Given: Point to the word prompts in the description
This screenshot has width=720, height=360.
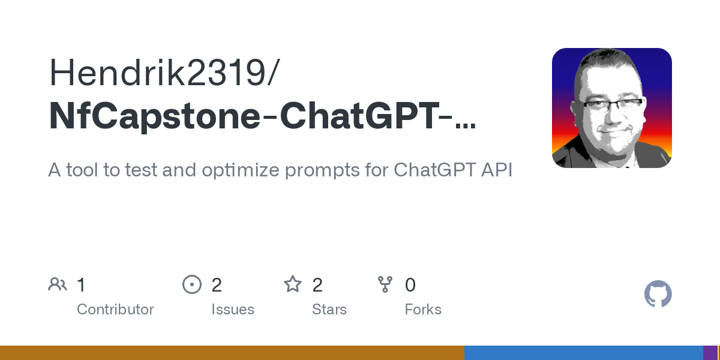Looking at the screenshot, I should pos(314,170).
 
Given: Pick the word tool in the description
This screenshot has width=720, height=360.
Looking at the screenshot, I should pos(85,170).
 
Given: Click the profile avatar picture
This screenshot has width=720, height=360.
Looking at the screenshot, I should pos(611,108).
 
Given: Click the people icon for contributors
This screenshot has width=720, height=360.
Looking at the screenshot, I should pos(58,284).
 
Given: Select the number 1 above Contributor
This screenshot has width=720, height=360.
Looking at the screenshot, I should pos(82,285).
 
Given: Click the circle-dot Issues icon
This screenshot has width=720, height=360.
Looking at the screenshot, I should pos(192,284).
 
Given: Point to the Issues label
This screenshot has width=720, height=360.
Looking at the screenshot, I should pos(233,310).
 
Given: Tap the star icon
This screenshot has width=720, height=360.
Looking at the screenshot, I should pos(293,284).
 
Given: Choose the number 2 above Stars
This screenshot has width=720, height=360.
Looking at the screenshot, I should pos(317,285).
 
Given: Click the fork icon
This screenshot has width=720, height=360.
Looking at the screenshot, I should pos(385,284).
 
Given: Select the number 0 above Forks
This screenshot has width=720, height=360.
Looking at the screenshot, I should pos(410,285).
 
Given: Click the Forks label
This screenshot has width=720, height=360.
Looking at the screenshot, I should pos(423,310).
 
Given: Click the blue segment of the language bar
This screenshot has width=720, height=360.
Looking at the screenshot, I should pos(583,353).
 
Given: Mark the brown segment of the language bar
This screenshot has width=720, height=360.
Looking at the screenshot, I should pos(232,353).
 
